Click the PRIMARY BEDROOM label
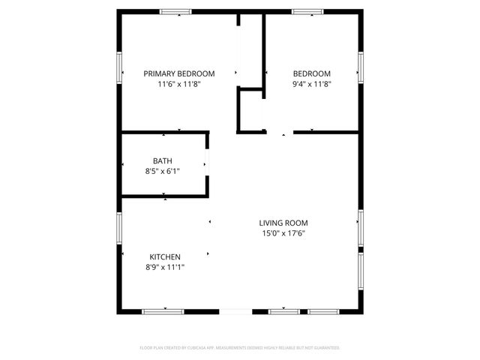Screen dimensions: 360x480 point(179,73)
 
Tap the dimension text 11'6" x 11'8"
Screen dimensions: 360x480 point(179,84)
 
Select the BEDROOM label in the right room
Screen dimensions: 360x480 point(311,73)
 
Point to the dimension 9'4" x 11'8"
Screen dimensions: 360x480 point(311,84)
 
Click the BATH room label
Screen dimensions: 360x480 point(162,160)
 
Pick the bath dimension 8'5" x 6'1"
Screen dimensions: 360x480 point(162,171)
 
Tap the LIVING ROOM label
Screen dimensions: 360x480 point(283,223)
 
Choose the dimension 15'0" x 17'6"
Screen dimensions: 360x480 point(283,233)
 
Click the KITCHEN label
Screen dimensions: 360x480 point(165,257)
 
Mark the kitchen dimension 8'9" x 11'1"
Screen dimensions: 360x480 point(165,268)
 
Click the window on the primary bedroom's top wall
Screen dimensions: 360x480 point(175,11)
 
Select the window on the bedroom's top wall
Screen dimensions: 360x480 point(307,11)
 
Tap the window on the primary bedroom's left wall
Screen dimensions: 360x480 point(119,68)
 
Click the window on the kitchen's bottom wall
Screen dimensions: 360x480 point(163,311)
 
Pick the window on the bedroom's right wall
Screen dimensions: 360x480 point(361,67)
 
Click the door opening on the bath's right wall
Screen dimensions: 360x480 point(207,164)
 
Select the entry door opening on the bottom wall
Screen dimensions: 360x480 point(235,311)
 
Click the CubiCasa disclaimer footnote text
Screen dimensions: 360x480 point(240,348)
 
